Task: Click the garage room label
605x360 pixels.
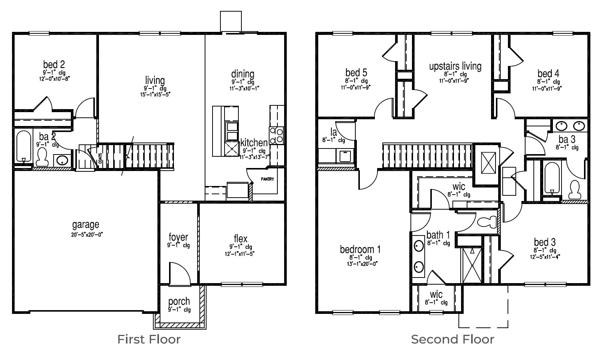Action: pos(85,225)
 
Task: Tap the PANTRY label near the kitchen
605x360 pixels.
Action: pos(268,179)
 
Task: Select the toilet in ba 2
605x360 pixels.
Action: pos(42,157)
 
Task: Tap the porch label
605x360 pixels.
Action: pos(179,301)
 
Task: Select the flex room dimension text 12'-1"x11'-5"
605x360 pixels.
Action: pos(241,253)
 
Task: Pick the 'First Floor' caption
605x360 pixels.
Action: pos(149,339)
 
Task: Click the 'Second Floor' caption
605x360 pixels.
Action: pos(452,339)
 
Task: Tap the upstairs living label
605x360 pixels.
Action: pos(455,66)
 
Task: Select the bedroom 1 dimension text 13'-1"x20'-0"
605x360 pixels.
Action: pos(360,264)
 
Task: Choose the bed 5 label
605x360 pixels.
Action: pos(356,72)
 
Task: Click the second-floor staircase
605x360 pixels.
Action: pos(427,156)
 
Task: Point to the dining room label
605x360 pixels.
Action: pos(243,74)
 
